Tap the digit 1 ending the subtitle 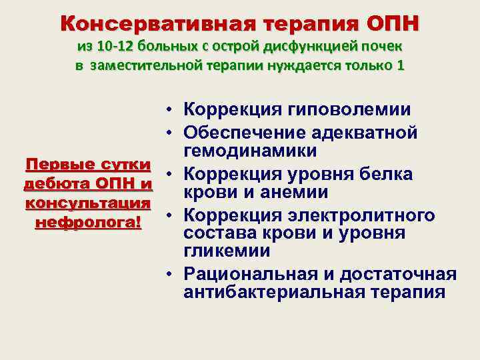click(400, 67)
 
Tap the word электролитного click(360, 215)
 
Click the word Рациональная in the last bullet click(251, 274)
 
